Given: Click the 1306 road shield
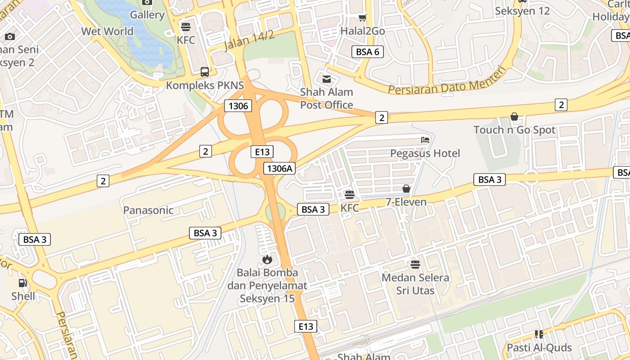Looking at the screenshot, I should [238, 106].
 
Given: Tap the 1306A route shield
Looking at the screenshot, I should [279, 168].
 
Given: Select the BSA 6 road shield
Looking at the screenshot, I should [367, 52].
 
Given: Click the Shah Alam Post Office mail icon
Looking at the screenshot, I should [327, 79].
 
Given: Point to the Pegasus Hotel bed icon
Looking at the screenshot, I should [425, 140].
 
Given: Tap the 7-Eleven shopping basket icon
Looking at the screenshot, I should [406, 189].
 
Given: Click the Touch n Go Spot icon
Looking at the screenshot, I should [514, 117].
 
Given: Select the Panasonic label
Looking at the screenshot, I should [148, 210].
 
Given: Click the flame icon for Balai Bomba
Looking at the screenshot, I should [267, 259].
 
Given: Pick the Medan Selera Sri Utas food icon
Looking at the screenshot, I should [415, 264].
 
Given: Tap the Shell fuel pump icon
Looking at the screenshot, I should [22, 283].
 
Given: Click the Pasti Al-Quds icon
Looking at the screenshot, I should [539, 334].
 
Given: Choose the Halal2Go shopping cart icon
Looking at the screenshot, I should [362, 18].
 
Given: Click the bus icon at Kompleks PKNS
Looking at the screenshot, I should [205, 72].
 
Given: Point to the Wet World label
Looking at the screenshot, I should [107, 31].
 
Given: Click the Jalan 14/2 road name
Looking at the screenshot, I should [249, 40].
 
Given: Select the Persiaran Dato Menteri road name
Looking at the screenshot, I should [447, 81].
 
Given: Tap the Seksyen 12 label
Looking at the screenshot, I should [522, 11].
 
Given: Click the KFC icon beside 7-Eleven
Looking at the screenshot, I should [350, 195].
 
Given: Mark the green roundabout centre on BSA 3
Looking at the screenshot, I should [275, 212].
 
